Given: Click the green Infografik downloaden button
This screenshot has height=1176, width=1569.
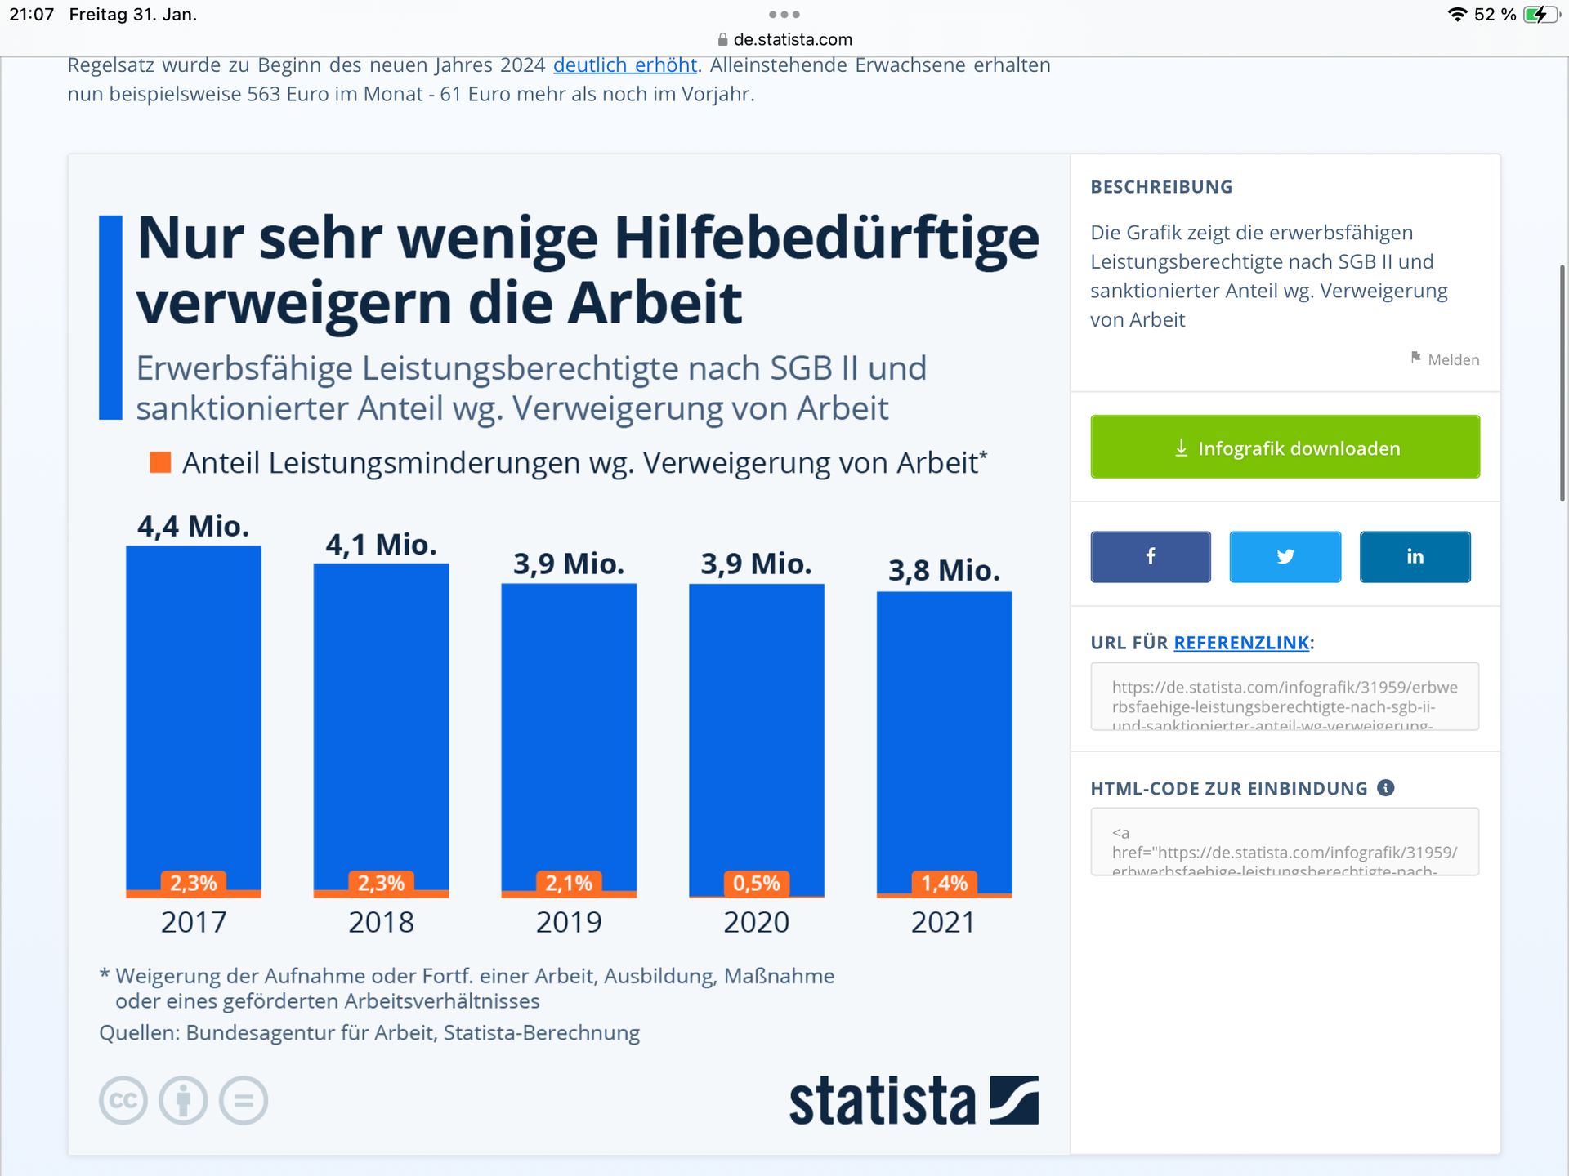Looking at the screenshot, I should (x=1285, y=447).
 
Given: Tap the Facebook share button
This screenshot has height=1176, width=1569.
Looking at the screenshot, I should (x=1150, y=556).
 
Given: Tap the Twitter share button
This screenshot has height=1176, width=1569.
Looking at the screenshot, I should (x=1285, y=556).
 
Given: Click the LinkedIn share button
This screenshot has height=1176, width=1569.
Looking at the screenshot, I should (x=1415, y=556).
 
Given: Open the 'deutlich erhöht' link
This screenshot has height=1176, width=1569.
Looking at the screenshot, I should (x=625, y=65).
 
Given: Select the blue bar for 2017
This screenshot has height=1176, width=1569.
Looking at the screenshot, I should (x=194, y=710).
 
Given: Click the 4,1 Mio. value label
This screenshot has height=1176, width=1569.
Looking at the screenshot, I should (x=381, y=545).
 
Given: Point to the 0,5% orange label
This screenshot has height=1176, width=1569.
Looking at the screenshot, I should (x=756, y=883).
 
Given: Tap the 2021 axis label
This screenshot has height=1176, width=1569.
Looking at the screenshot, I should (x=943, y=922).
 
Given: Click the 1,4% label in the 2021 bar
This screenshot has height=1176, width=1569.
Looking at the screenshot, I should (x=944, y=883).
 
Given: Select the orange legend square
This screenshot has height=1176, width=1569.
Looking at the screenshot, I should (x=160, y=463).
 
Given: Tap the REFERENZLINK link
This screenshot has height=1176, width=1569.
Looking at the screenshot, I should (x=1241, y=643).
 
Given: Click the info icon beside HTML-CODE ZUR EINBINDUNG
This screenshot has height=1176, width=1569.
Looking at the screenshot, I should (x=1386, y=788).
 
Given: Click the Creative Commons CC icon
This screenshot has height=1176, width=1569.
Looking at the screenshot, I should (x=123, y=1100).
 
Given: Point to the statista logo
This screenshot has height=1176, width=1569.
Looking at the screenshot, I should (x=914, y=1101).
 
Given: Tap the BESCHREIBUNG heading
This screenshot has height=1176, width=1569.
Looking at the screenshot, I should (x=1161, y=187).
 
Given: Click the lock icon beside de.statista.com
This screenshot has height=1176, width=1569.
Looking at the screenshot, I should (x=722, y=39).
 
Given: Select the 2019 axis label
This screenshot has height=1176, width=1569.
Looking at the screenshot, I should (x=569, y=922).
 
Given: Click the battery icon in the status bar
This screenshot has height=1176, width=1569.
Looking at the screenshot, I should (x=1541, y=15).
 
